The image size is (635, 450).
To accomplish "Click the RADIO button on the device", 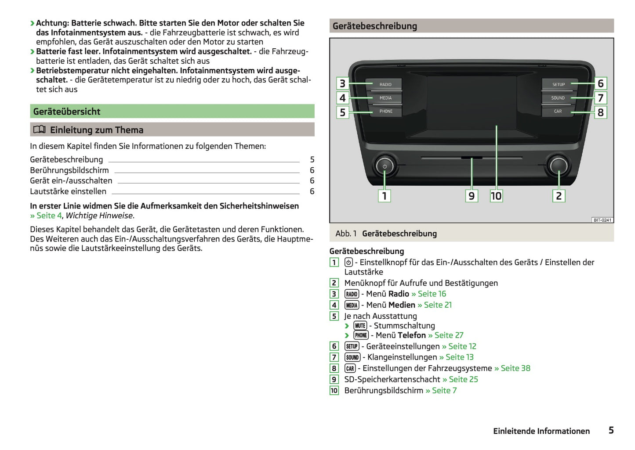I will click(x=385, y=84).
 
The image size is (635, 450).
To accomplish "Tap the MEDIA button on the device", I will click(x=385, y=98).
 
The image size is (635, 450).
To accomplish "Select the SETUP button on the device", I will click(x=558, y=84).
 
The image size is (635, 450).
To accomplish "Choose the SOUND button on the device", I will click(x=558, y=98).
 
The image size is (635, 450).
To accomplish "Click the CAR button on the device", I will click(x=558, y=112).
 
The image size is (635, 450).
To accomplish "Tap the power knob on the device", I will click(x=385, y=166).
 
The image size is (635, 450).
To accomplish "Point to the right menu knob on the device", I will click(x=558, y=165).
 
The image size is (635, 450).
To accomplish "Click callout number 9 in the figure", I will click(x=472, y=196).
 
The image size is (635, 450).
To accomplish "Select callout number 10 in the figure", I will click(x=496, y=196).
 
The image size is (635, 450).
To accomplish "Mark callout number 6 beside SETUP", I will click(x=600, y=83).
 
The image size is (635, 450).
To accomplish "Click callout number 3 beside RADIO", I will click(x=343, y=83).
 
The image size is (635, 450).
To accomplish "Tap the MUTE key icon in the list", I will click(x=360, y=326).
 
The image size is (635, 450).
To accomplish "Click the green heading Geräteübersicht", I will click(x=67, y=112).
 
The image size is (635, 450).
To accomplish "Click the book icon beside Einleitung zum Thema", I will click(x=40, y=130).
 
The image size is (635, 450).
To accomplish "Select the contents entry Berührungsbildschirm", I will click(x=69, y=170).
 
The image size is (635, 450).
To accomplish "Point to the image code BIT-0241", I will click(x=602, y=220).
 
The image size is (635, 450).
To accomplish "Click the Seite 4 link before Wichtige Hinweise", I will click(x=46, y=216).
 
